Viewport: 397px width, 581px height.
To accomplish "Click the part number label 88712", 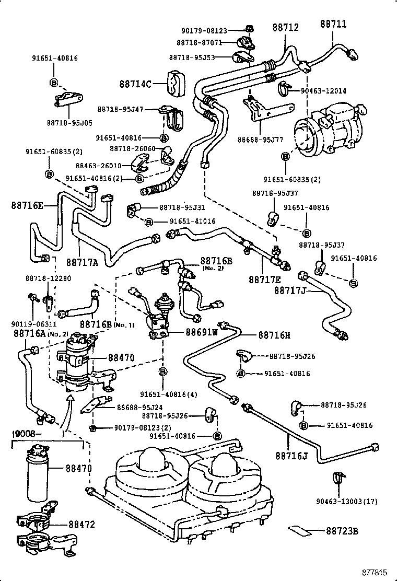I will (x=285, y=27).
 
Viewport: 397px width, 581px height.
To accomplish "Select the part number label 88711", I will (x=333, y=24).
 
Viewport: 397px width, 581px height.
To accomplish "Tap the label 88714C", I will (x=135, y=84).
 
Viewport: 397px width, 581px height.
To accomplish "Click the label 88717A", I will (x=82, y=262).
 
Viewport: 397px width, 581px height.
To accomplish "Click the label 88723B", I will (x=342, y=531).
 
